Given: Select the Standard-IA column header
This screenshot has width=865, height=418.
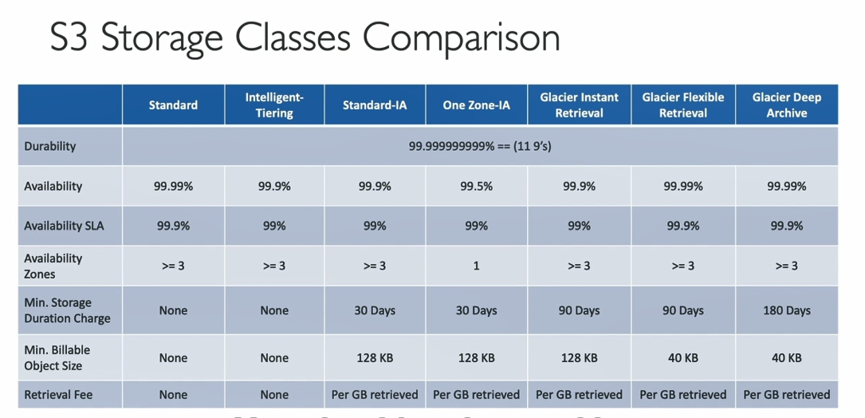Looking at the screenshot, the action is [375, 105].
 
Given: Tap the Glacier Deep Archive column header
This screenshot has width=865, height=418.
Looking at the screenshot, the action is [787, 105].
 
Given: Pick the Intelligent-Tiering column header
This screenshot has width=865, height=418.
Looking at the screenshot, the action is [274, 105].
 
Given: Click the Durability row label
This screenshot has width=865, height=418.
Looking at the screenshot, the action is [50, 146].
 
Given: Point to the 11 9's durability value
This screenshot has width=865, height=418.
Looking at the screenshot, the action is [480, 146].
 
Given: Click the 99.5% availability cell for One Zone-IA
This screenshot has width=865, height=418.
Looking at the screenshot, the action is [476, 186].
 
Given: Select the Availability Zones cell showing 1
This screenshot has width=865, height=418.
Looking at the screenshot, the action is [476, 266].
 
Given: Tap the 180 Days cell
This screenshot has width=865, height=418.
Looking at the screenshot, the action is [787, 310].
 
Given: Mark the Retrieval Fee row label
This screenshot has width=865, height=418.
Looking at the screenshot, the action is [58, 394].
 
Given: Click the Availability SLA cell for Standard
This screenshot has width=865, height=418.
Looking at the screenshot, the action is [173, 226].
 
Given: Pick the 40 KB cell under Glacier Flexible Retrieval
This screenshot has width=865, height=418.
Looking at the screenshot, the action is [683, 358].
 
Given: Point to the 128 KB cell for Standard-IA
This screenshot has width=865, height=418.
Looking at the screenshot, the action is [375, 358].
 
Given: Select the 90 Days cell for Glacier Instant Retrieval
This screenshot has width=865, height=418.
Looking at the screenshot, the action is [579, 310].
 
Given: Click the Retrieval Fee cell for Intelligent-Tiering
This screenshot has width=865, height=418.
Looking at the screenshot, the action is [274, 394].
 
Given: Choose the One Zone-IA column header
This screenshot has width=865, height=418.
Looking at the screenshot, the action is [476, 105].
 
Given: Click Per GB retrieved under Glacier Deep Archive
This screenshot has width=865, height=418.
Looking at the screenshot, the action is [787, 394].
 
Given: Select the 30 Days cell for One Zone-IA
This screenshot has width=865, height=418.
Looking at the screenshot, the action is [476, 310].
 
